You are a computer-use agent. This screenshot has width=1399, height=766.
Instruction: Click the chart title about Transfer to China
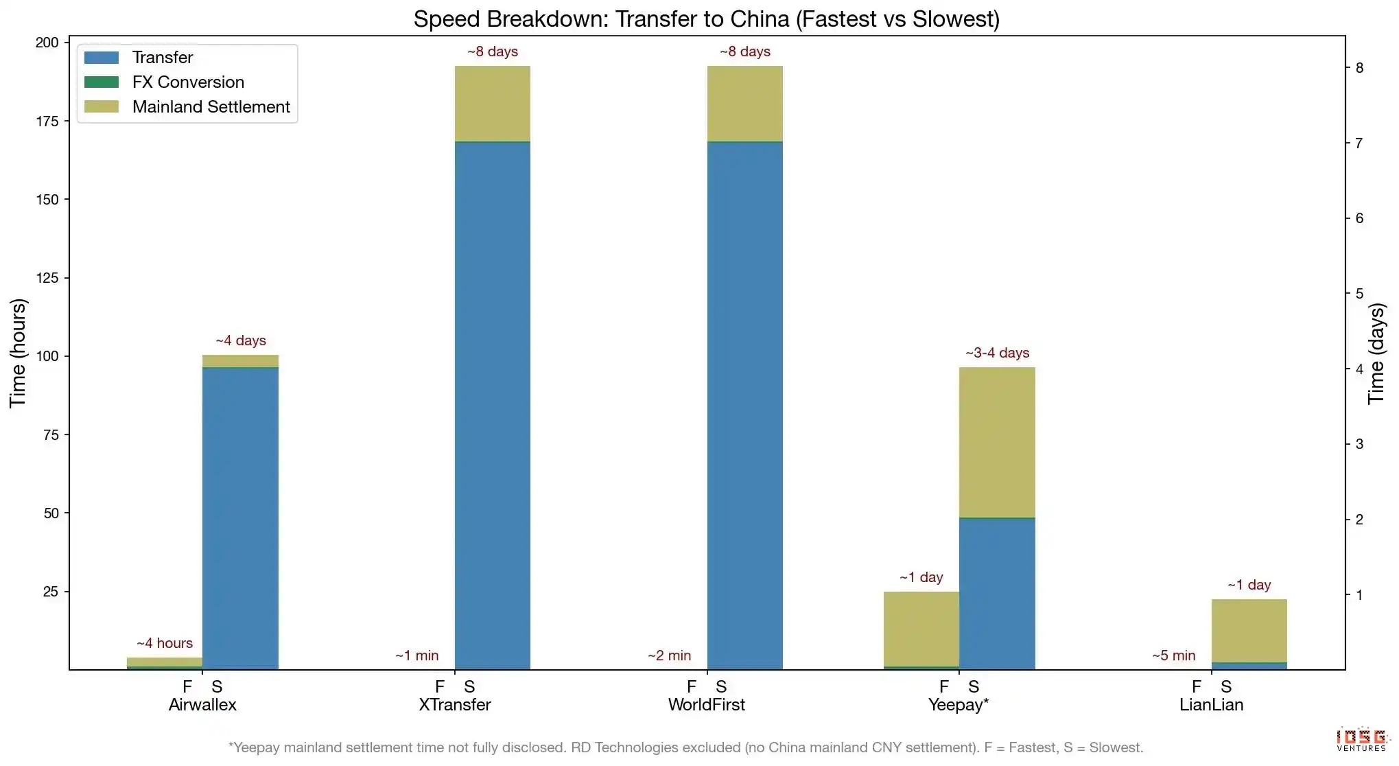click(x=706, y=19)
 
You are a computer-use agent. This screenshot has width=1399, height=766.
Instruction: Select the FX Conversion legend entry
click(x=188, y=82)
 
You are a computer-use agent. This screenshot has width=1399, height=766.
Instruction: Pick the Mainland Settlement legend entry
click(x=211, y=107)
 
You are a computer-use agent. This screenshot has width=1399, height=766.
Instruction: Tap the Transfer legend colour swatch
click(x=102, y=58)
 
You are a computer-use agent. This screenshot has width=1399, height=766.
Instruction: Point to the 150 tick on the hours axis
click(x=47, y=200)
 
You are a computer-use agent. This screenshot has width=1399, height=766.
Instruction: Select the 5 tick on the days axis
click(x=1359, y=294)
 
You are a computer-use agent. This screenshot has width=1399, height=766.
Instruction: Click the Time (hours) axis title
click(x=18, y=353)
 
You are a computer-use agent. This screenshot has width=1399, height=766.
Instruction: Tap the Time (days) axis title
click(x=1376, y=353)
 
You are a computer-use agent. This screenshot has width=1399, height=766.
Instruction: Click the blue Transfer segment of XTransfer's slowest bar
click(x=493, y=405)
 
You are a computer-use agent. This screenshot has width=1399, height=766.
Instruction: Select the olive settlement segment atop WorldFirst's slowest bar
click(x=745, y=104)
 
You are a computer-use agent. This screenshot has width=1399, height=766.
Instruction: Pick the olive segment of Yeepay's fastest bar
click(x=921, y=629)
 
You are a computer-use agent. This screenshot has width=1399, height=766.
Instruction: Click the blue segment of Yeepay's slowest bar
click(x=997, y=594)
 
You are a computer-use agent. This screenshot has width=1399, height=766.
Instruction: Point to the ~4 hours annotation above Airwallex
click(x=165, y=644)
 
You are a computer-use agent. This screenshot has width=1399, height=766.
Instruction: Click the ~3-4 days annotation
click(x=997, y=353)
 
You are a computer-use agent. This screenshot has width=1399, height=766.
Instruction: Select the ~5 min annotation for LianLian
click(x=1173, y=656)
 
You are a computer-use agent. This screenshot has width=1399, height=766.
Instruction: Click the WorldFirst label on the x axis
click(x=706, y=705)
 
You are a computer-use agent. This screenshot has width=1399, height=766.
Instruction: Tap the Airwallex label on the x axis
click(x=202, y=705)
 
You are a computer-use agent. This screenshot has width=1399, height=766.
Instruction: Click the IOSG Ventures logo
click(x=1361, y=739)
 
